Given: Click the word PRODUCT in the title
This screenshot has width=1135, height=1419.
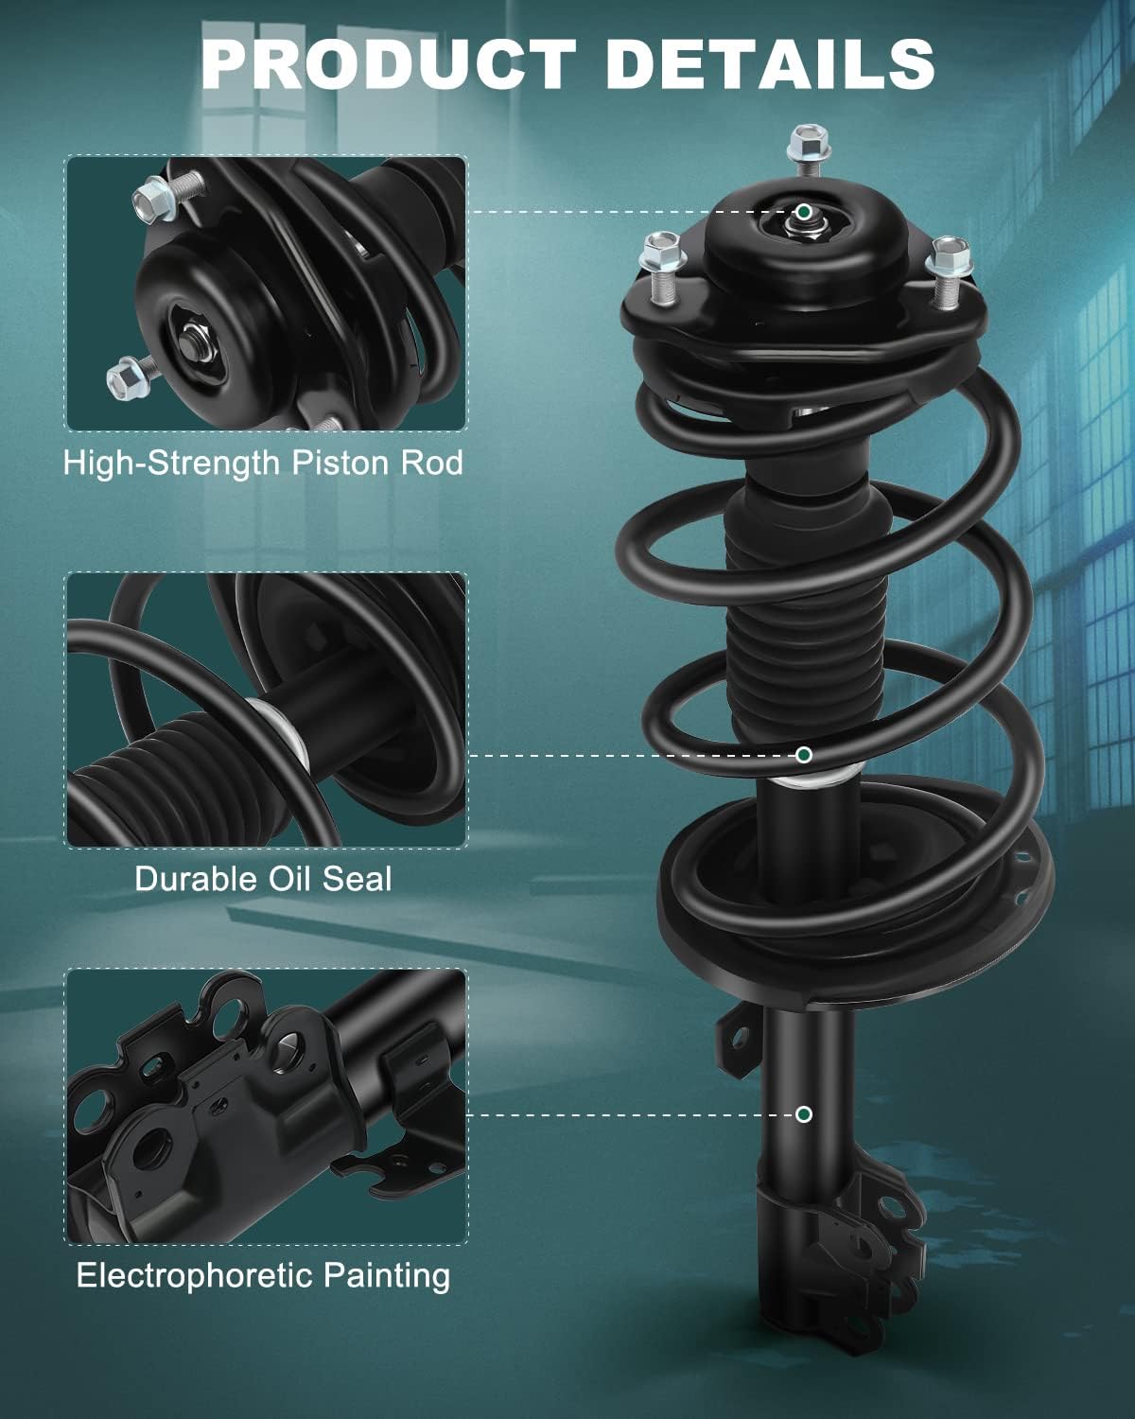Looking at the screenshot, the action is pyautogui.click(x=388, y=63).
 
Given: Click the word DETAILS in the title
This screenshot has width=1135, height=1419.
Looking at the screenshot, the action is pyautogui.click(x=769, y=63).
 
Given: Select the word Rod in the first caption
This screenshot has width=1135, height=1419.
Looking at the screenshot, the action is pyautogui.click(x=432, y=463).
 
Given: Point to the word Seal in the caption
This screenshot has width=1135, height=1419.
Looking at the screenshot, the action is pyautogui.click(x=358, y=879).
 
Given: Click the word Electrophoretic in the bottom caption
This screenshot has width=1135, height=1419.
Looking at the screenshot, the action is pyautogui.click(x=195, y=1275).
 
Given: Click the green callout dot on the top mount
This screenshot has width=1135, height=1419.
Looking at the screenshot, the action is pyautogui.click(x=803, y=212).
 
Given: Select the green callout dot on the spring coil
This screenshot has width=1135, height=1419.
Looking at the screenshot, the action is pyautogui.click(x=803, y=755).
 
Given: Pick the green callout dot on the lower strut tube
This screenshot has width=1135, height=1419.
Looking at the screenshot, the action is pyautogui.click(x=803, y=1114).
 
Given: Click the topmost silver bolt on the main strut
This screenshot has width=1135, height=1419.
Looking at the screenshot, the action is pyautogui.click(x=808, y=149).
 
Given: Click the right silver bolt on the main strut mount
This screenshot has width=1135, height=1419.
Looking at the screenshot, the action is pyautogui.click(x=949, y=273).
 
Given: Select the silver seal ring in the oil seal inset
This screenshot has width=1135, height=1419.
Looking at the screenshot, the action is pyautogui.click(x=280, y=732).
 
